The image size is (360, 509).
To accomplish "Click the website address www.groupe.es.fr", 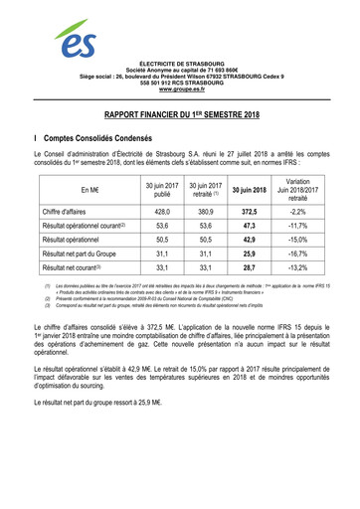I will coord(180,90).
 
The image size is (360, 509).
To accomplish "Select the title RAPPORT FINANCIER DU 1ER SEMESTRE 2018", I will coord(180,115).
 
